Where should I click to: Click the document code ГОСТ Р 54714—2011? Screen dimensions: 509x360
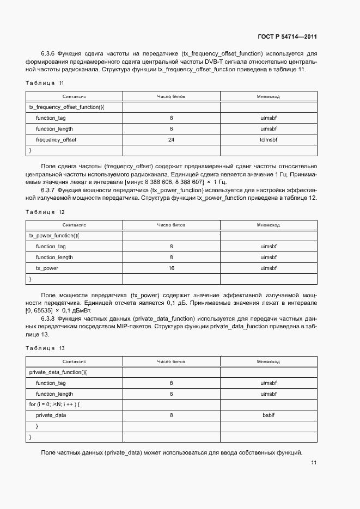[287, 36]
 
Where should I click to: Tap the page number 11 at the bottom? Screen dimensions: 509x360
[314, 463]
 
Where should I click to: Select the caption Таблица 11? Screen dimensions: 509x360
[45, 83]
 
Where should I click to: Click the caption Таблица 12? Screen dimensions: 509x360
[45, 212]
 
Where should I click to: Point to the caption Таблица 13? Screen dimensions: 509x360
[45, 348]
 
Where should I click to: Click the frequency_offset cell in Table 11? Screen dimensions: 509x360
[56, 140]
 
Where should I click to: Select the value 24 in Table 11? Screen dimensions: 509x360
[171, 140]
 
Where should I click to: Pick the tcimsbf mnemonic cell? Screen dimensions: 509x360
[269, 140]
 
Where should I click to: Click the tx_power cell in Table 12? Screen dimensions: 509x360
[47, 268]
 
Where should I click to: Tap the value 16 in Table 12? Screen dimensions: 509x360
[171, 268]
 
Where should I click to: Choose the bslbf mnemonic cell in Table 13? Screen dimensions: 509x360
[269, 415]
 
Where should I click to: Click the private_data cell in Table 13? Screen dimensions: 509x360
[51, 415]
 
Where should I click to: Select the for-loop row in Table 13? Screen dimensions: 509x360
[54, 404]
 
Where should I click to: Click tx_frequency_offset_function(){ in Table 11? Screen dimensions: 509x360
[66, 107]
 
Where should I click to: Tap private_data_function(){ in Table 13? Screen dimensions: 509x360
[58, 372]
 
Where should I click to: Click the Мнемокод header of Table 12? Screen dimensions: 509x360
[269, 225]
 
